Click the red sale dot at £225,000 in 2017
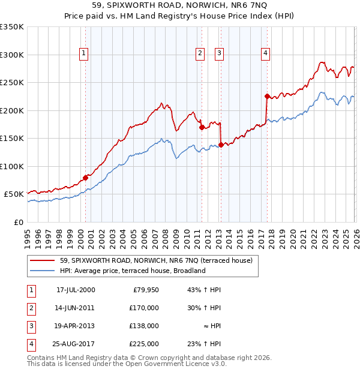pyautogui.click(x=267, y=96)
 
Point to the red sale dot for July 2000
pyautogui.click(x=85, y=178)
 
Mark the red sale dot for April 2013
pyautogui.click(x=221, y=145)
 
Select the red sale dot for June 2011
pyautogui.click(x=201, y=127)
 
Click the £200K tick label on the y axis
pyautogui.click(x=12, y=110)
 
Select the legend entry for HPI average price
pyautogui.click(x=133, y=271)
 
